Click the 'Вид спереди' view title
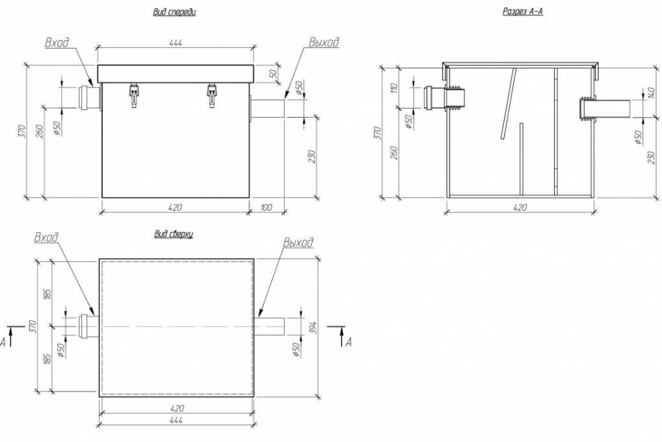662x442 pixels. [x=174, y=12]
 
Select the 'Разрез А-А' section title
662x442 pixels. [x=522, y=11]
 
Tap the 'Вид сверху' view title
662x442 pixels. [x=173, y=234]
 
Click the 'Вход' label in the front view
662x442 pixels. [x=57, y=42]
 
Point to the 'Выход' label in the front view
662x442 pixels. [x=324, y=42]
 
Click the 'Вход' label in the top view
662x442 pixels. [x=46, y=237]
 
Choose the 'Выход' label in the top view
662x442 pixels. [x=298, y=242]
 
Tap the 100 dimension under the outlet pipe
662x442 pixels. [x=267, y=207]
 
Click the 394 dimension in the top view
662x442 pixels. [x=314, y=327]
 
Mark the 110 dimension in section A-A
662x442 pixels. [x=395, y=88]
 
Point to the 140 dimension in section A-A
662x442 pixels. [x=651, y=93]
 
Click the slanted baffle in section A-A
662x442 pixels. [x=508, y=104]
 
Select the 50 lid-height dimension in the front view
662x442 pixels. [x=273, y=74]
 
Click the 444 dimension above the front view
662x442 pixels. [x=175, y=42]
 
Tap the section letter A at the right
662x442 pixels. [x=348, y=342]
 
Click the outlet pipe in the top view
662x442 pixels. [x=269, y=326]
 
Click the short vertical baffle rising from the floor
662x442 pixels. [x=521, y=159]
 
